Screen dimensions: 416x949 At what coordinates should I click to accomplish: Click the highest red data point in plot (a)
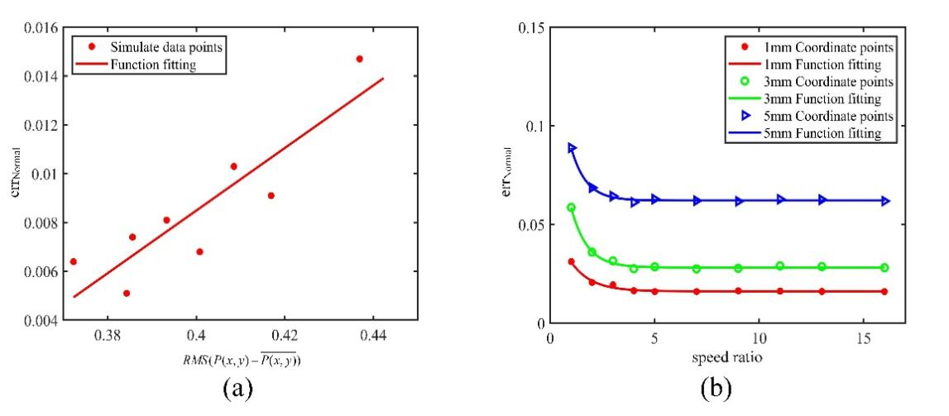(359, 59)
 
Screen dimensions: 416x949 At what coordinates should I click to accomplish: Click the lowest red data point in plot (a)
(127, 293)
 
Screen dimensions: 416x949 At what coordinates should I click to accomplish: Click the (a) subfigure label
(228, 389)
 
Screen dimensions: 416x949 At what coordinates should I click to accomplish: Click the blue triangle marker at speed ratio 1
(572, 148)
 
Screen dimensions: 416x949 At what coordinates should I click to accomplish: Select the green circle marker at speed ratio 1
(571, 208)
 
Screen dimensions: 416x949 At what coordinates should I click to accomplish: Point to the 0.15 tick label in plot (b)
(530, 28)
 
